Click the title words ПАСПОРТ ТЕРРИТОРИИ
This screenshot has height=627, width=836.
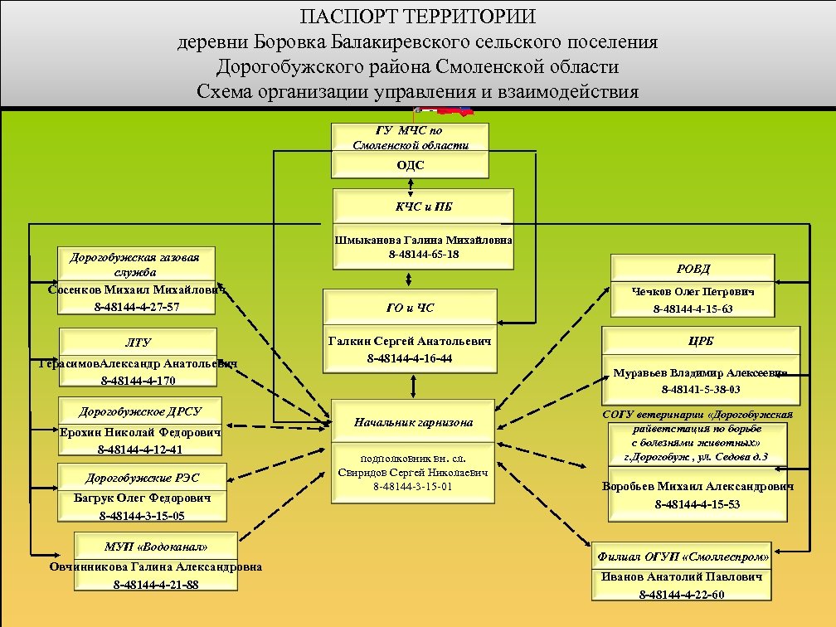click(418, 17)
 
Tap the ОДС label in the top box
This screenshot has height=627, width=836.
click(410, 165)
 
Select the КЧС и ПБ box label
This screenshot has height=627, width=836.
click(412, 207)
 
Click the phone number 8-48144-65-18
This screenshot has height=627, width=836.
click(423, 254)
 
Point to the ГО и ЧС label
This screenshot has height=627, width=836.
click(410, 309)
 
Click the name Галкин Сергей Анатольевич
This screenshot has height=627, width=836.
click(410, 341)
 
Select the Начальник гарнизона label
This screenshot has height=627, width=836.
click(413, 422)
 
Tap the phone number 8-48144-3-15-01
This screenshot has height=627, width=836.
click(412, 487)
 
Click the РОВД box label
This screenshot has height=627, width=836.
click(693, 269)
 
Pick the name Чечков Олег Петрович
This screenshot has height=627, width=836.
click(693, 292)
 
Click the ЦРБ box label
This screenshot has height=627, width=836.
click(701, 342)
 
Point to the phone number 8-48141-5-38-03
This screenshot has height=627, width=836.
click(701, 389)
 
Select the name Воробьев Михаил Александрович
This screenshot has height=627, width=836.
click(697, 487)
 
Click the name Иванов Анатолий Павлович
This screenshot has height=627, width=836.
click(682, 576)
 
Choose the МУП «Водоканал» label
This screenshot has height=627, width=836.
click(156, 547)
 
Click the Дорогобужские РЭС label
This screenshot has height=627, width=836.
click(142, 478)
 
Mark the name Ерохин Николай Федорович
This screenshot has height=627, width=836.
click(140, 432)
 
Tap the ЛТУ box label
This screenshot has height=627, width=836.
click(138, 342)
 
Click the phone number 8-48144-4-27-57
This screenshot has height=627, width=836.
click(137, 307)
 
